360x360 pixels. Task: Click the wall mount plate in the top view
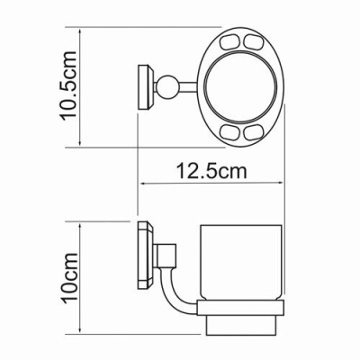click(142, 89)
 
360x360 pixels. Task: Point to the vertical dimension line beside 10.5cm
click(82, 88)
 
